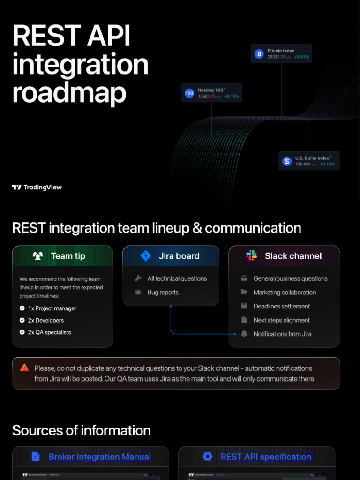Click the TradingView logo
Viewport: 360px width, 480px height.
coord(37,187)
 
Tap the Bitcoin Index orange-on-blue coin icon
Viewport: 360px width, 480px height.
coord(259,54)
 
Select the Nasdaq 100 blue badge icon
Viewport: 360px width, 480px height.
coord(189,93)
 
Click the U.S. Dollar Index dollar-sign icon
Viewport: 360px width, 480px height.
coord(287,161)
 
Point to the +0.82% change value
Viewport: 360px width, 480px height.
coord(301,57)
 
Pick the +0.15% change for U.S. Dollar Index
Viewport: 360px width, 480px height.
coord(327,165)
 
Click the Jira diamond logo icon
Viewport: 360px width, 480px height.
coord(146,256)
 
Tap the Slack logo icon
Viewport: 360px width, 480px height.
coord(252,256)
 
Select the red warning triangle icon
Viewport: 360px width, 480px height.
coord(24,368)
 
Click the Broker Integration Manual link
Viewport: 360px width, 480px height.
coord(100,457)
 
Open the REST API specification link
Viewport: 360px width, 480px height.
coord(266,457)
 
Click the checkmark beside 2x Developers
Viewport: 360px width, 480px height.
coord(22,320)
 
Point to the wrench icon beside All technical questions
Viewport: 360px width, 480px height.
coord(138,278)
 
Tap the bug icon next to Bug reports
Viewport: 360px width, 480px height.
coord(138,292)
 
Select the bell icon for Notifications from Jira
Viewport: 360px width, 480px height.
coord(244,334)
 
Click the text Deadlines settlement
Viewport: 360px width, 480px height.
coord(282,306)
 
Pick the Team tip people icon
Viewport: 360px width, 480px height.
coord(38,256)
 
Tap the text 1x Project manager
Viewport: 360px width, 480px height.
coord(52,308)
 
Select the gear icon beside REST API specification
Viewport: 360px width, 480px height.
coord(208,457)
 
